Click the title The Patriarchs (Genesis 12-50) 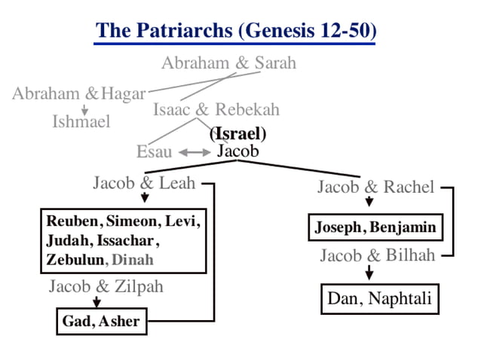[236, 31]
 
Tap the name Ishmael [81, 121]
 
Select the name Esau [154, 152]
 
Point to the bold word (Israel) [238, 135]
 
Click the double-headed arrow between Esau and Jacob [194, 153]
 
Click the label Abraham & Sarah [228, 63]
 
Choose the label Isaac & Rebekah [216, 109]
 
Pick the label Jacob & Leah [144, 182]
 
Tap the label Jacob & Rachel [375, 187]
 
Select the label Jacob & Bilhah [377, 255]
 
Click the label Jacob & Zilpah [106, 286]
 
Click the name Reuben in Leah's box [73, 221]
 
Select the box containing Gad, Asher [101, 322]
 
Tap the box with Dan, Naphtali [380, 299]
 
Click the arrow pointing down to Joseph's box [369, 203]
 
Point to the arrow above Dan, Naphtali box [369, 273]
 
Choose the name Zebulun [74, 260]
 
